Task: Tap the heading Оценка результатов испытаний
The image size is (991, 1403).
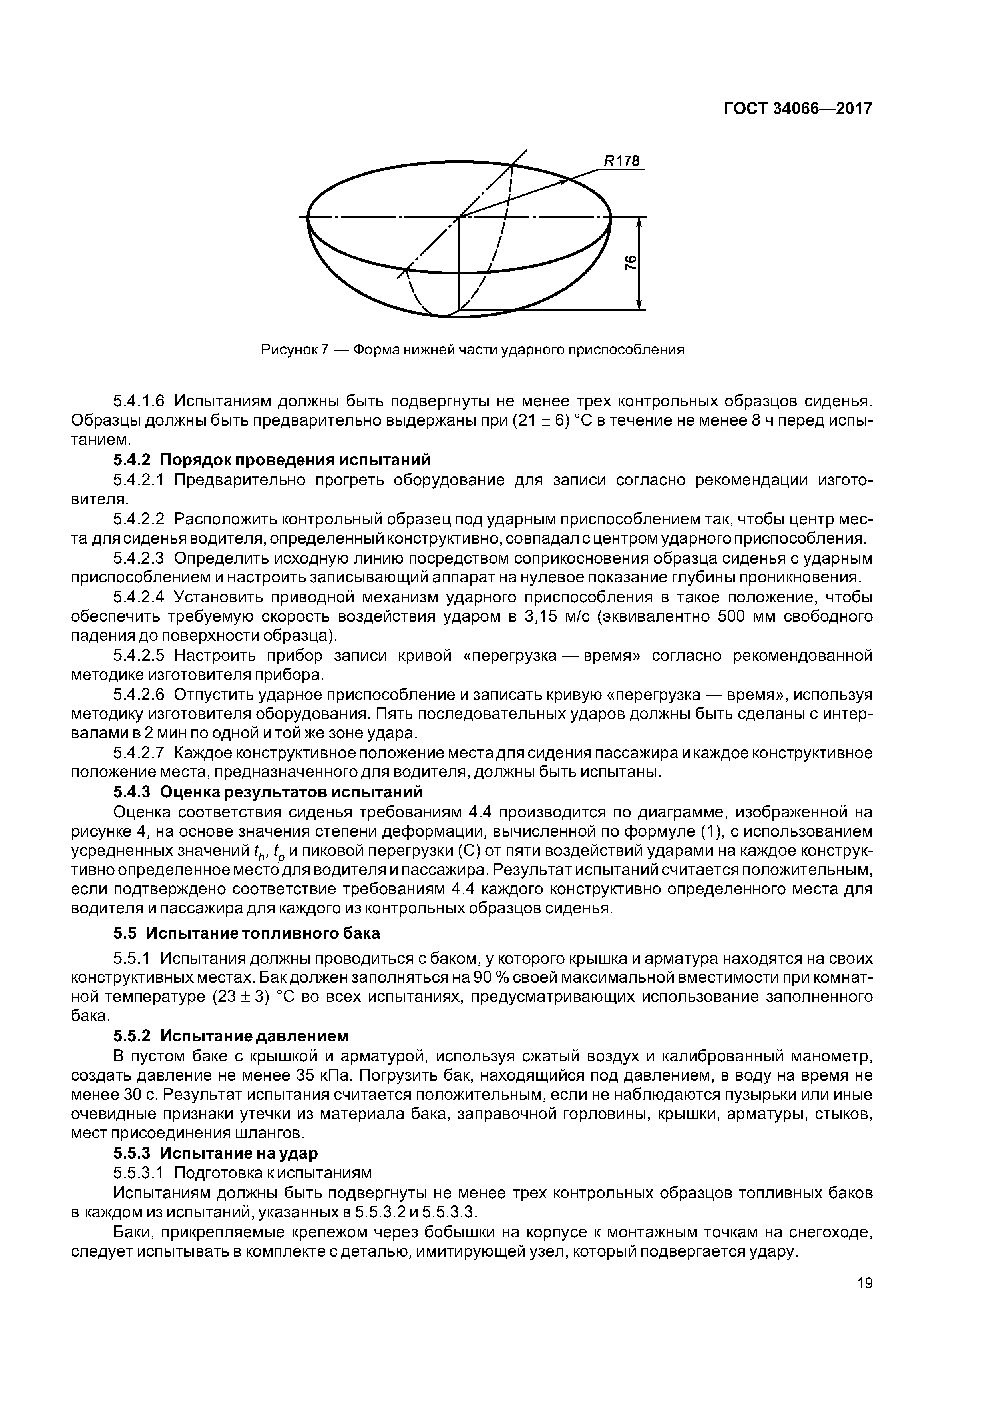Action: click(291, 792)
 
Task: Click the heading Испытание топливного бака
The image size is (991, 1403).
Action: click(262, 933)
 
